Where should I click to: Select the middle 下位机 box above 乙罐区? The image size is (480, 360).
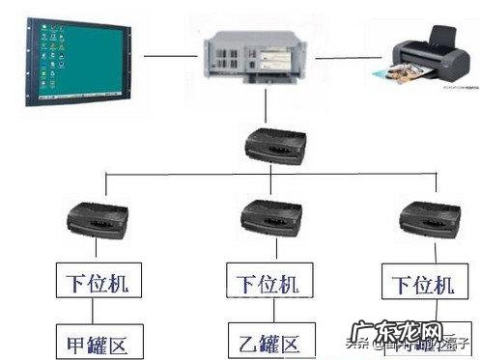(x=263, y=283)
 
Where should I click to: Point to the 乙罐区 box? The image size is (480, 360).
(x=263, y=340)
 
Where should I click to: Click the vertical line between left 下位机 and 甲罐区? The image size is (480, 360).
(x=93, y=311)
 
